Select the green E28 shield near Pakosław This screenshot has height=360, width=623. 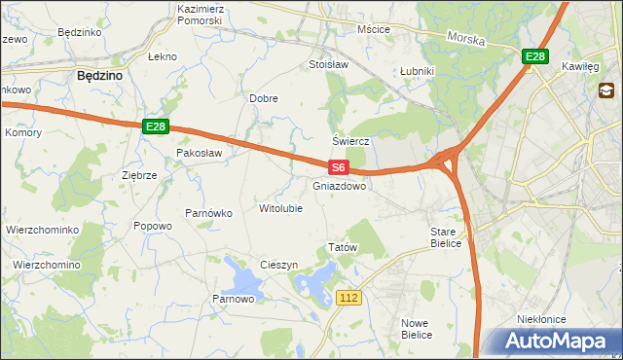(x=156, y=126)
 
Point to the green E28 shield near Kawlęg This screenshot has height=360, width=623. (x=534, y=57)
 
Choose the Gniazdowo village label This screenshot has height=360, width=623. (x=340, y=186)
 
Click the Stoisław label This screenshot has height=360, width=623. (x=328, y=65)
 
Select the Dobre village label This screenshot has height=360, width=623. (x=264, y=98)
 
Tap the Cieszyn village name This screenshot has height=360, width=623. (x=278, y=265)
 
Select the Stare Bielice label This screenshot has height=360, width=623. (x=450, y=238)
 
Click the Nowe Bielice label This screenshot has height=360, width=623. (x=417, y=328)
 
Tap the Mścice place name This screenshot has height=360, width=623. (x=374, y=29)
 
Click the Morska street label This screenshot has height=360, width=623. (x=465, y=38)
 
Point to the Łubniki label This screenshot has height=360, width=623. (x=417, y=72)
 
